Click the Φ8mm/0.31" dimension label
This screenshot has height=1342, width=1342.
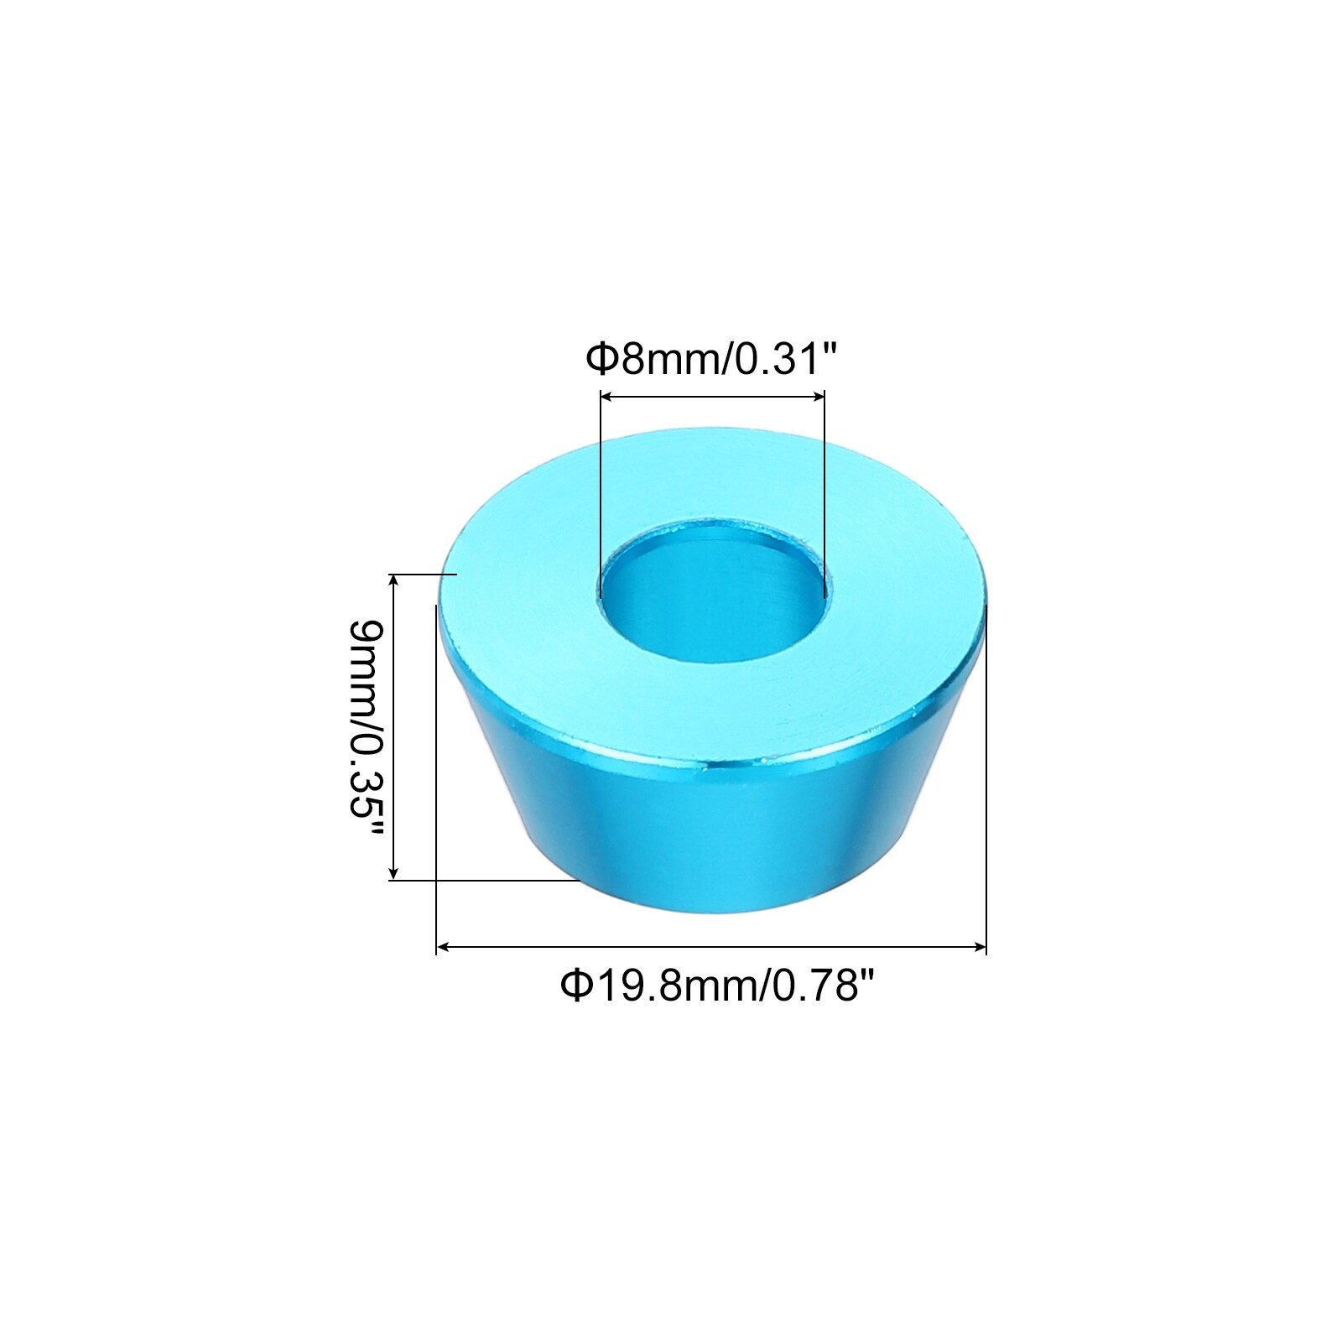click(x=712, y=362)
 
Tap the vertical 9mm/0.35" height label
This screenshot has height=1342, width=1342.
click(x=367, y=727)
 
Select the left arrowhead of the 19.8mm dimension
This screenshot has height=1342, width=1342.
click(x=445, y=947)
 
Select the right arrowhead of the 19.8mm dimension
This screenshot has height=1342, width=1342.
click(x=978, y=947)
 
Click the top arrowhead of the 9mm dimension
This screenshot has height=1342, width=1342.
click(x=393, y=582)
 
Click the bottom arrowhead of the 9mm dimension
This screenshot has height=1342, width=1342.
click(x=393, y=871)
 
